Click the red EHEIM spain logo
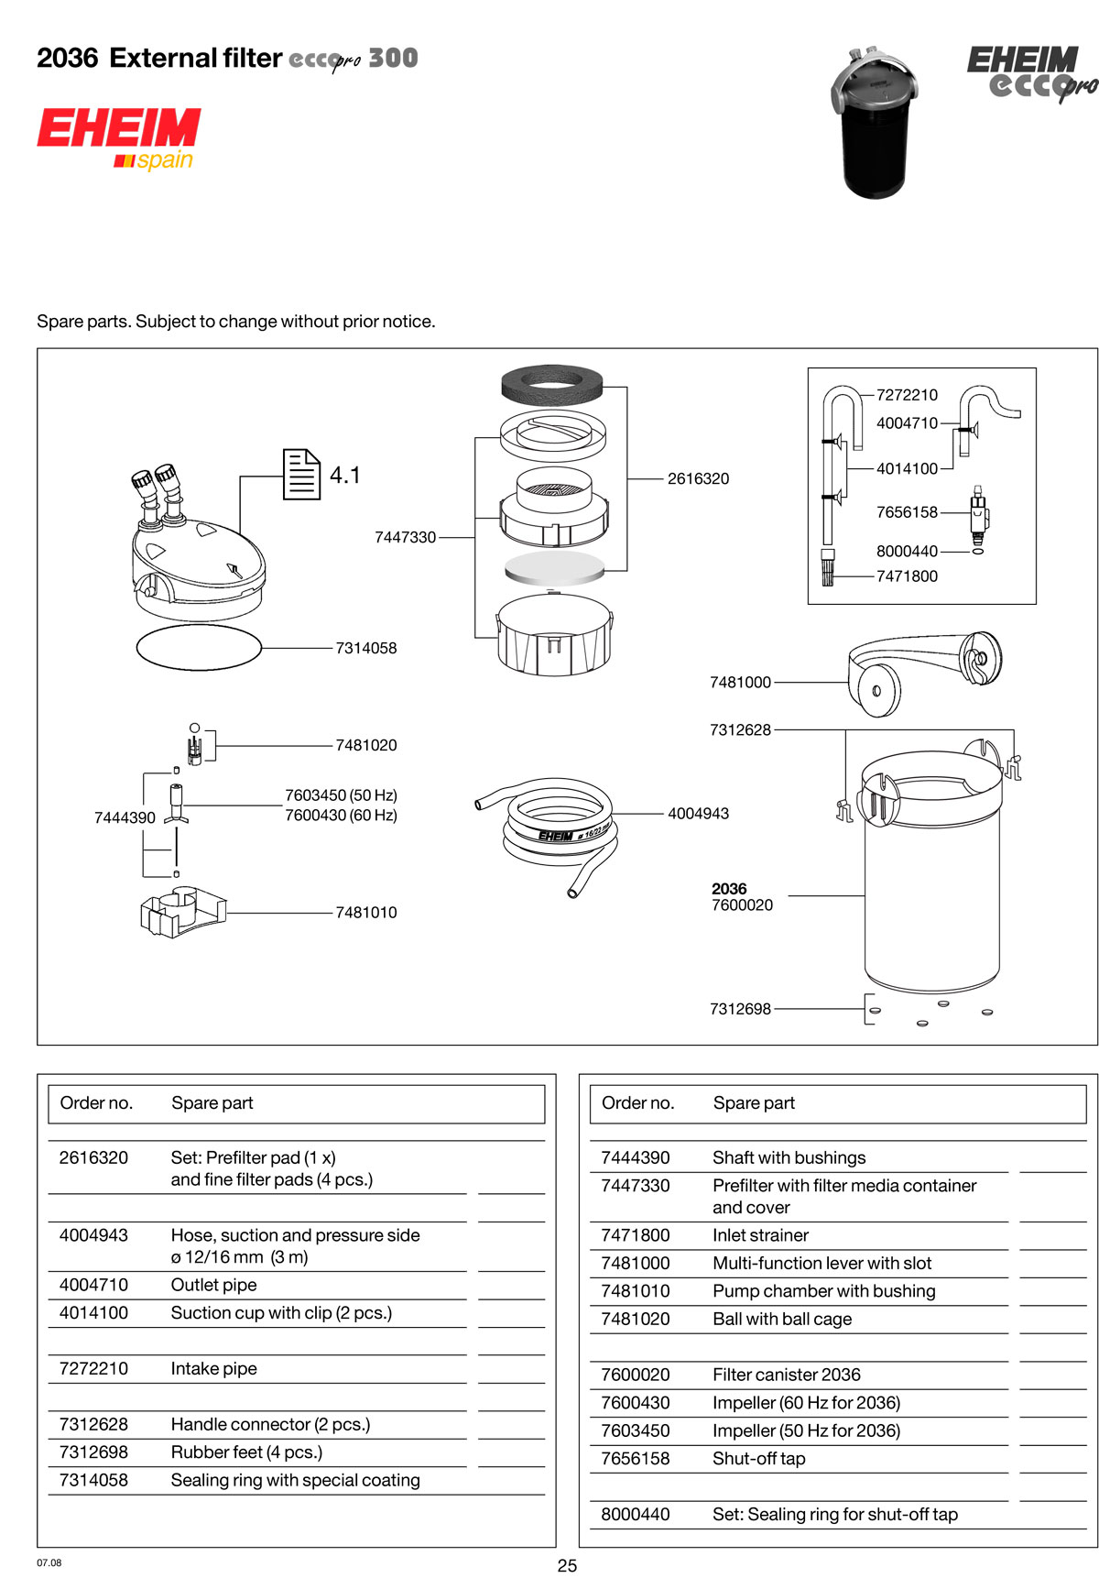(118, 137)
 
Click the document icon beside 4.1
(301, 474)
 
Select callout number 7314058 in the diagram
(365, 648)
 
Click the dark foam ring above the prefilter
(553, 383)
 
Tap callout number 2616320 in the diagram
(698, 478)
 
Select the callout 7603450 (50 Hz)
(341, 795)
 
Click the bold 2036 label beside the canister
(729, 889)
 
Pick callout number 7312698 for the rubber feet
(740, 1009)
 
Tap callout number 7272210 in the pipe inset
(907, 395)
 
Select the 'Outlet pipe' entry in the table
(213, 1285)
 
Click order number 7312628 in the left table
(93, 1424)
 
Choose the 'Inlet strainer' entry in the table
(760, 1235)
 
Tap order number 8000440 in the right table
(635, 1514)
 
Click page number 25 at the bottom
(567, 1565)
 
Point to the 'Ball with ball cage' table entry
(781, 1319)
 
